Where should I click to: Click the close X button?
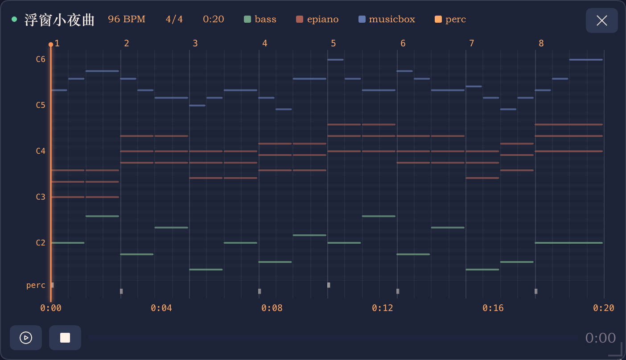601,20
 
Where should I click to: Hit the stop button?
65,338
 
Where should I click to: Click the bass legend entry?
260,19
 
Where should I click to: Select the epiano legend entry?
317,19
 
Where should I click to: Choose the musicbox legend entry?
387,19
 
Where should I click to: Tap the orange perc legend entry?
450,19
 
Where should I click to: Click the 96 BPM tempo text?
127,19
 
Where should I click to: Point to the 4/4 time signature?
174,19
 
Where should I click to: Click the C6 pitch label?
41,59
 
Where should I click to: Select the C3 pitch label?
41,197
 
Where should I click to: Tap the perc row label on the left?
36,286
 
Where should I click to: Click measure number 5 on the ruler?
334,43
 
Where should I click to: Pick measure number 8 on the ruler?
541,43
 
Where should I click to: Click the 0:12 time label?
382,308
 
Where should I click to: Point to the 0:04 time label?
161,308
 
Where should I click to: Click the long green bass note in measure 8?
569,243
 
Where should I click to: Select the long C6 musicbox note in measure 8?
586,60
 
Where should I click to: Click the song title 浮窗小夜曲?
60,20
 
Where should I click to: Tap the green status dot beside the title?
14,19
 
